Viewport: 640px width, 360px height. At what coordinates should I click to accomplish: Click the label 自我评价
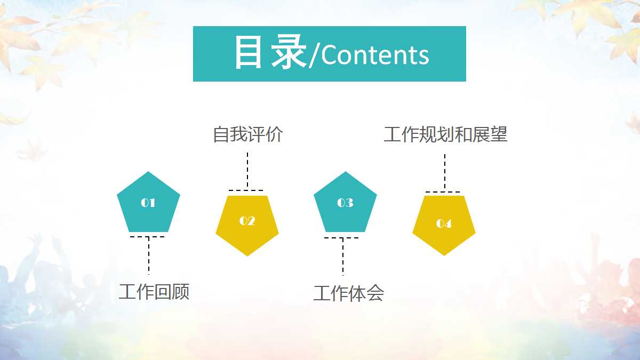pos(247,134)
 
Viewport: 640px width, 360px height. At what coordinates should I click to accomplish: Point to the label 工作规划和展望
pos(445,134)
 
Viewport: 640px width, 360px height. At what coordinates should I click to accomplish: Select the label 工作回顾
pos(154,292)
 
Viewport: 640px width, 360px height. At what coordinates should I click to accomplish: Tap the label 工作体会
pos(348,293)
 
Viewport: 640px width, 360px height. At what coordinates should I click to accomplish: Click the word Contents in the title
pos(375,55)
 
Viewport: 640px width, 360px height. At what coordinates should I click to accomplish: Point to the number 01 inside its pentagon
pos(148,203)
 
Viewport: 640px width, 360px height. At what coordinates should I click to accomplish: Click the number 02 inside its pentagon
pos(247,221)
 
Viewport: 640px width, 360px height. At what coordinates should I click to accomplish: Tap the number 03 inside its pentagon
pos(345,203)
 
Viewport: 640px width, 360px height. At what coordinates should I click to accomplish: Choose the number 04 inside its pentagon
pos(444,223)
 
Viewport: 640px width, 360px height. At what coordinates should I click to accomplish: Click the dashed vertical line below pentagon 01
pos(149,256)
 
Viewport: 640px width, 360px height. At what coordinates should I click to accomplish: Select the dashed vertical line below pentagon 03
pos(343,257)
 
